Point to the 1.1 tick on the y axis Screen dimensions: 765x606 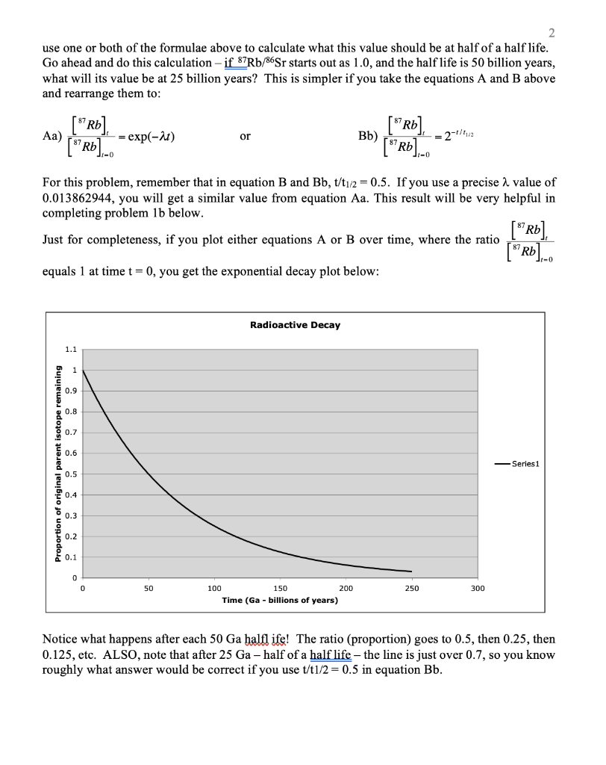[x=71, y=349]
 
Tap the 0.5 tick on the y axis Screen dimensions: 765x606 [x=71, y=474]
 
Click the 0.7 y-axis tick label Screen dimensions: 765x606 [x=71, y=432]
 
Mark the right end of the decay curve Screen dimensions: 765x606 [x=411, y=572]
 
